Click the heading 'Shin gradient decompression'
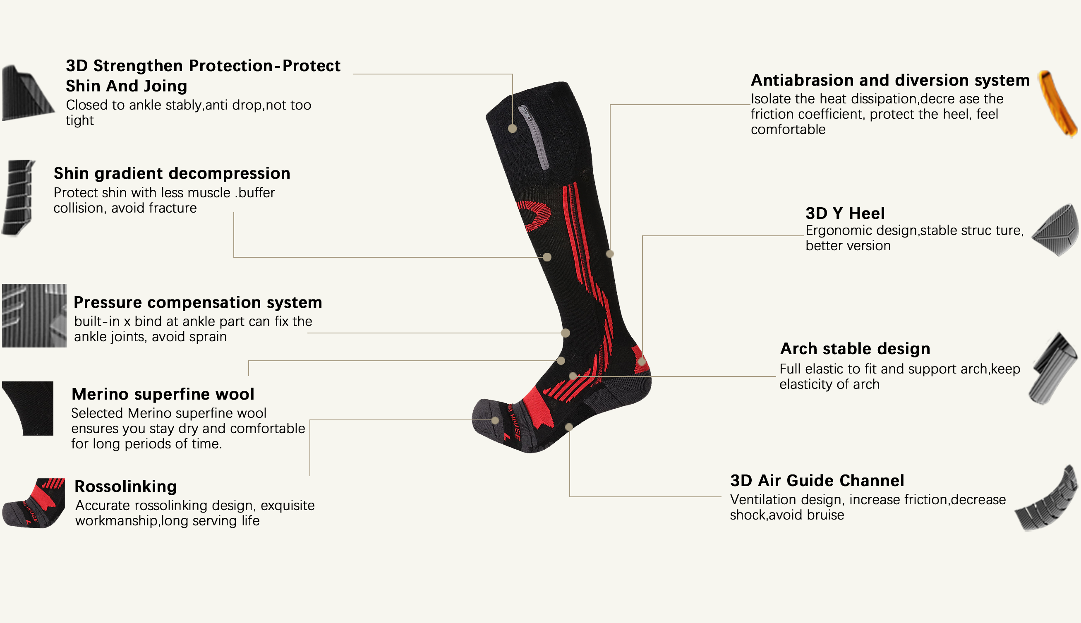[x=172, y=173]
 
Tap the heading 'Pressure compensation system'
[x=198, y=302]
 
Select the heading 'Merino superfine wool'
[x=163, y=394]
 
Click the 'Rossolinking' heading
[x=125, y=486]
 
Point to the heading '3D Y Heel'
[x=845, y=213]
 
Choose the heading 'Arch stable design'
[x=855, y=349]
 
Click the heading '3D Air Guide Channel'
[x=817, y=481]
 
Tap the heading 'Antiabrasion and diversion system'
[x=890, y=80]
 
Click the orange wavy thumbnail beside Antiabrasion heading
[x=1057, y=103]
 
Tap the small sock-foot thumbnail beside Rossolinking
[x=34, y=503]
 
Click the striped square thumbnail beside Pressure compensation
[x=34, y=315]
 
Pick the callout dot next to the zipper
[x=513, y=128]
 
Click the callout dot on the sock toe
[x=495, y=420]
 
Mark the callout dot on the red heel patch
[x=641, y=362]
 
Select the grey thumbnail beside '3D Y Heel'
[x=1056, y=230]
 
